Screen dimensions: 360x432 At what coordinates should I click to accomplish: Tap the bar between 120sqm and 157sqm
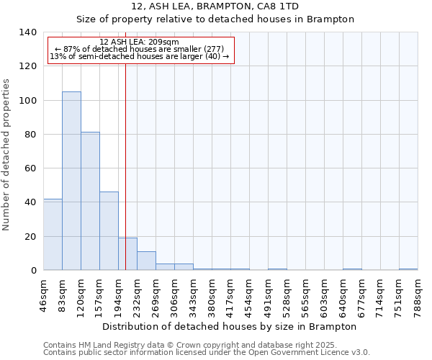point(90,201)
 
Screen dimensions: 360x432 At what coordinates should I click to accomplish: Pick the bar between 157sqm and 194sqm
point(109,230)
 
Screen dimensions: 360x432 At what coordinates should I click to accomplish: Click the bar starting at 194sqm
point(127,254)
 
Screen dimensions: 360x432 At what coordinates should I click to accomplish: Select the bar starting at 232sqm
point(146,261)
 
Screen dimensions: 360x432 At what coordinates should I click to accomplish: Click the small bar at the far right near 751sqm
point(408,269)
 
